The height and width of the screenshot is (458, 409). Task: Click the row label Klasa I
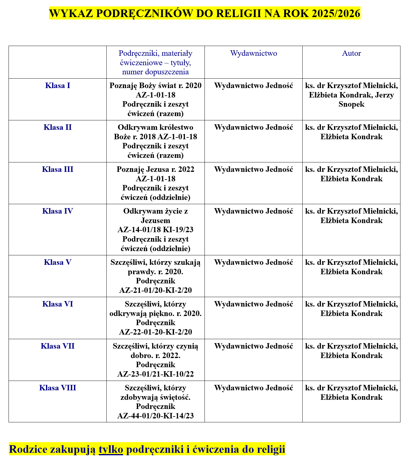point(58,86)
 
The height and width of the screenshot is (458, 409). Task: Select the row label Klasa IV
point(58,211)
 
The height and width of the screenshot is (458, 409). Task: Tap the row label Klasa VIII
point(58,388)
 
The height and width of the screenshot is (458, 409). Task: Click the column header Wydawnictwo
point(254,53)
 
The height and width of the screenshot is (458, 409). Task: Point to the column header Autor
point(351,53)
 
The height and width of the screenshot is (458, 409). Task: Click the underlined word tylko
point(111,449)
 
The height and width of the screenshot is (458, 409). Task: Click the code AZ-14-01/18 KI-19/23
point(155,230)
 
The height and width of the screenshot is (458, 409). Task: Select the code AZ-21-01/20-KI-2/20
point(155,290)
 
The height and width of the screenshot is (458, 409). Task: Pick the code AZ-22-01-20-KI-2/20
point(155,332)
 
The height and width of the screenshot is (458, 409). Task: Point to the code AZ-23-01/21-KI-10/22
point(155,374)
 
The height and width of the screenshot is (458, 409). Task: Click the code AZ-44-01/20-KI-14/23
point(155,416)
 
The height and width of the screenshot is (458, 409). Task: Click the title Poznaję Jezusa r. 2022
point(155,169)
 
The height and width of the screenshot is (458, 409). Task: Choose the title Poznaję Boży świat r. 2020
point(155,86)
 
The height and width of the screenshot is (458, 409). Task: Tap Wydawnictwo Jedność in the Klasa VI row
point(254,304)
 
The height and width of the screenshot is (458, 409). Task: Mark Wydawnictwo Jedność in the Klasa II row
point(254,127)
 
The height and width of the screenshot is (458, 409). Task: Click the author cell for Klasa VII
point(351,351)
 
